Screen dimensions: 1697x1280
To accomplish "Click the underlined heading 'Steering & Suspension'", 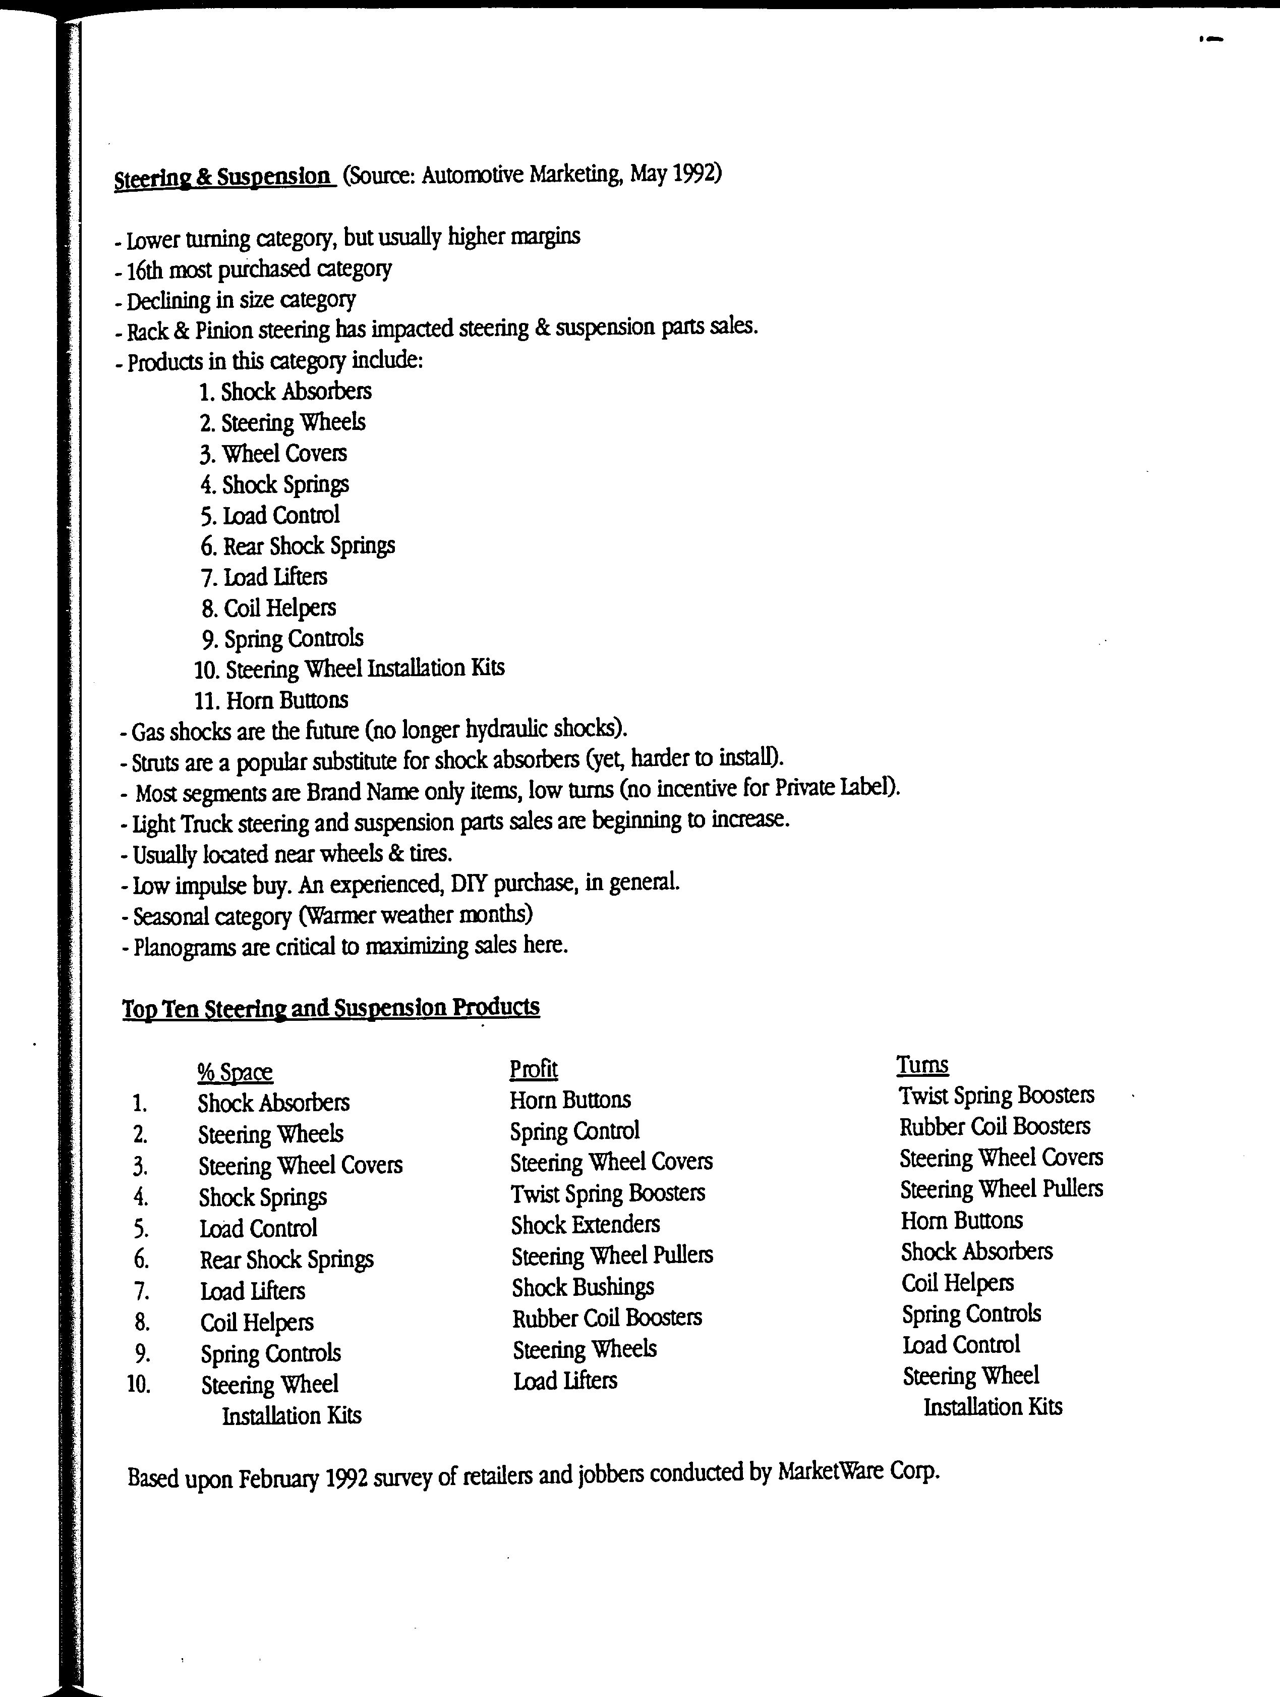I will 223,178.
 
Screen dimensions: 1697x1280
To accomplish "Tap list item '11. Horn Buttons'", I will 271,700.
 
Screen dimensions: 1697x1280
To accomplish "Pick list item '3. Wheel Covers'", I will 273,454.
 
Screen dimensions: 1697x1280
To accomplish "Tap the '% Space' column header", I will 235,1072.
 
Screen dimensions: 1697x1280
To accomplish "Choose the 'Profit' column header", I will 534,1069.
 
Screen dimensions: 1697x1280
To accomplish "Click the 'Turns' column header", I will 922,1065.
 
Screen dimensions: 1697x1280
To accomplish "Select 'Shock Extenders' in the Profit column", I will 585,1224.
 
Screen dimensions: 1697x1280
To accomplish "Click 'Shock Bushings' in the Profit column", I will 583,1287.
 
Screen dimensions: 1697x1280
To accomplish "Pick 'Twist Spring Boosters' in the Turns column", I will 996,1095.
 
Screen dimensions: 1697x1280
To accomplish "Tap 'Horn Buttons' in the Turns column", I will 962,1220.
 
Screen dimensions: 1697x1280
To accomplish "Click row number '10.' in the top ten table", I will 139,1384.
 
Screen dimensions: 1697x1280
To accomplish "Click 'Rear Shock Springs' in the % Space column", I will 286,1259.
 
